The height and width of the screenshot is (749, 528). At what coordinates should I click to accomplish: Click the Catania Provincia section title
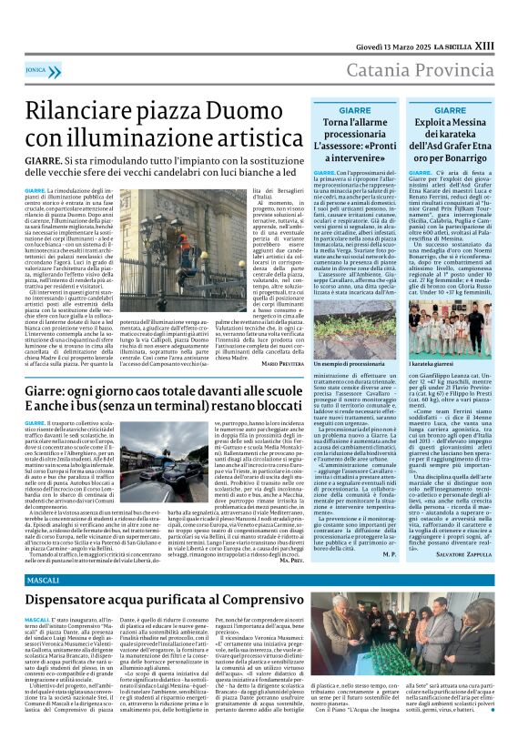[x=412, y=70]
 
